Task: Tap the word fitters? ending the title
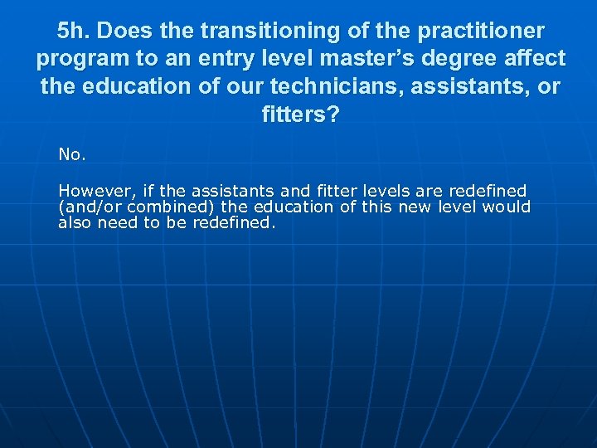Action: pos(300,114)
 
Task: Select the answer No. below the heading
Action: pos(71,154)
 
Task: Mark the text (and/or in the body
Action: pos(89,207)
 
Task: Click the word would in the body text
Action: pos(507,207)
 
